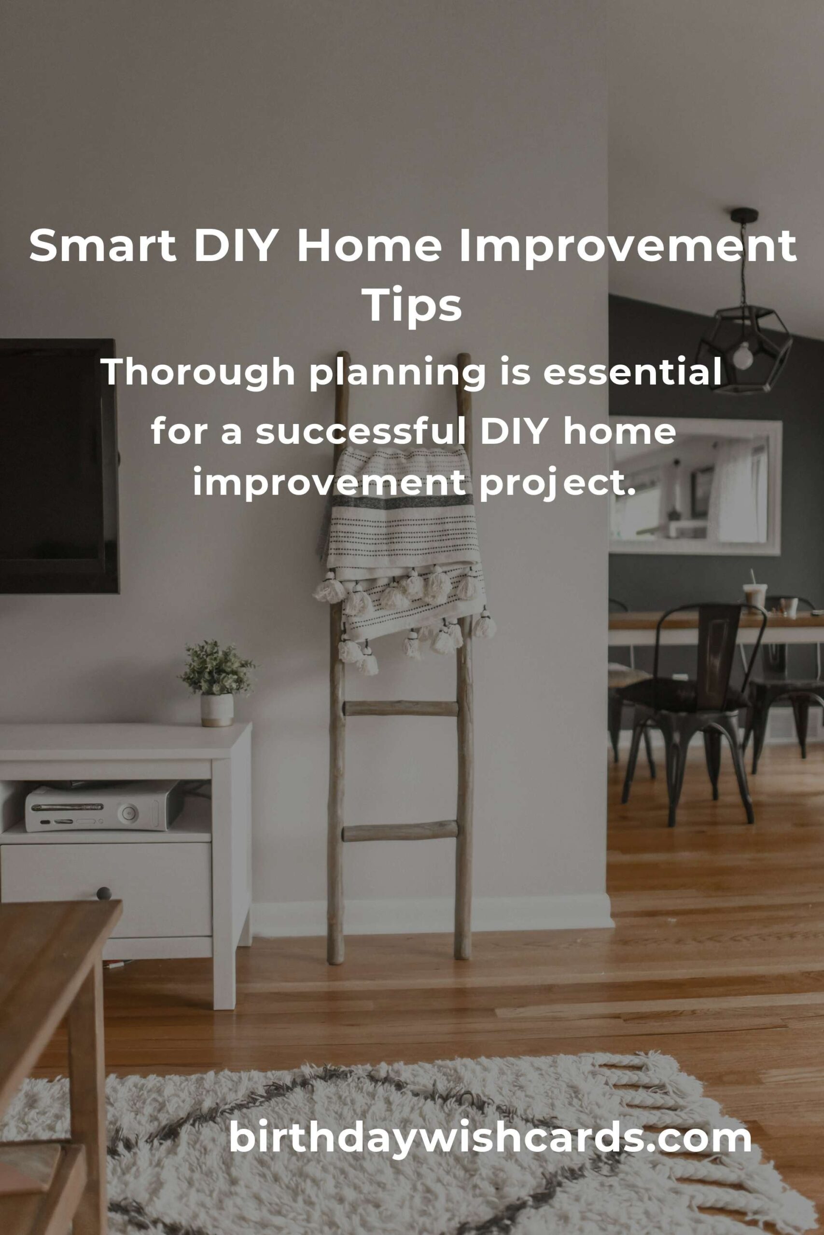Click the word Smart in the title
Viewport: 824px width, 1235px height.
coord(102,246)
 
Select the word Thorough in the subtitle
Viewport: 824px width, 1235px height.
coord(198,372)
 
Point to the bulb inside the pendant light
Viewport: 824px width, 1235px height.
coord(742,356)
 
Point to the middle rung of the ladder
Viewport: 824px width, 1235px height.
coord(401,708)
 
